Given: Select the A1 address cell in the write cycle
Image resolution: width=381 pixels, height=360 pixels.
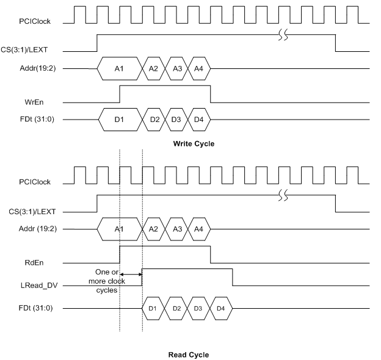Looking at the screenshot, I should pyautogui.click(x=120, y=68).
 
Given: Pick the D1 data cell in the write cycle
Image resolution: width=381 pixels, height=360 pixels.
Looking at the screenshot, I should pyautogui.click(x=120, y=119).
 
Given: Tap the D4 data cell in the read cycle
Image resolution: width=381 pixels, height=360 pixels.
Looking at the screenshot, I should pyautogui.click(x=221, y=308).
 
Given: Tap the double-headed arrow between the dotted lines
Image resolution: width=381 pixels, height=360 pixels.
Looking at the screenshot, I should pyautogui.click(x=131, y=275).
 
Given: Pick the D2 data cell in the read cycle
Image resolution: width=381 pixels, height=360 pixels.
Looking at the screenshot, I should pyautogui.click(x=176, y=308).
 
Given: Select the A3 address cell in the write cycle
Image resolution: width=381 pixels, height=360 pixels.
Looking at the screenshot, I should pyautogui.click(x=176, y=68).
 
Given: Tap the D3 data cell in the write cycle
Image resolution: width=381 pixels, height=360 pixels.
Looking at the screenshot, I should pyautogui.click(x=176, y=119).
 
